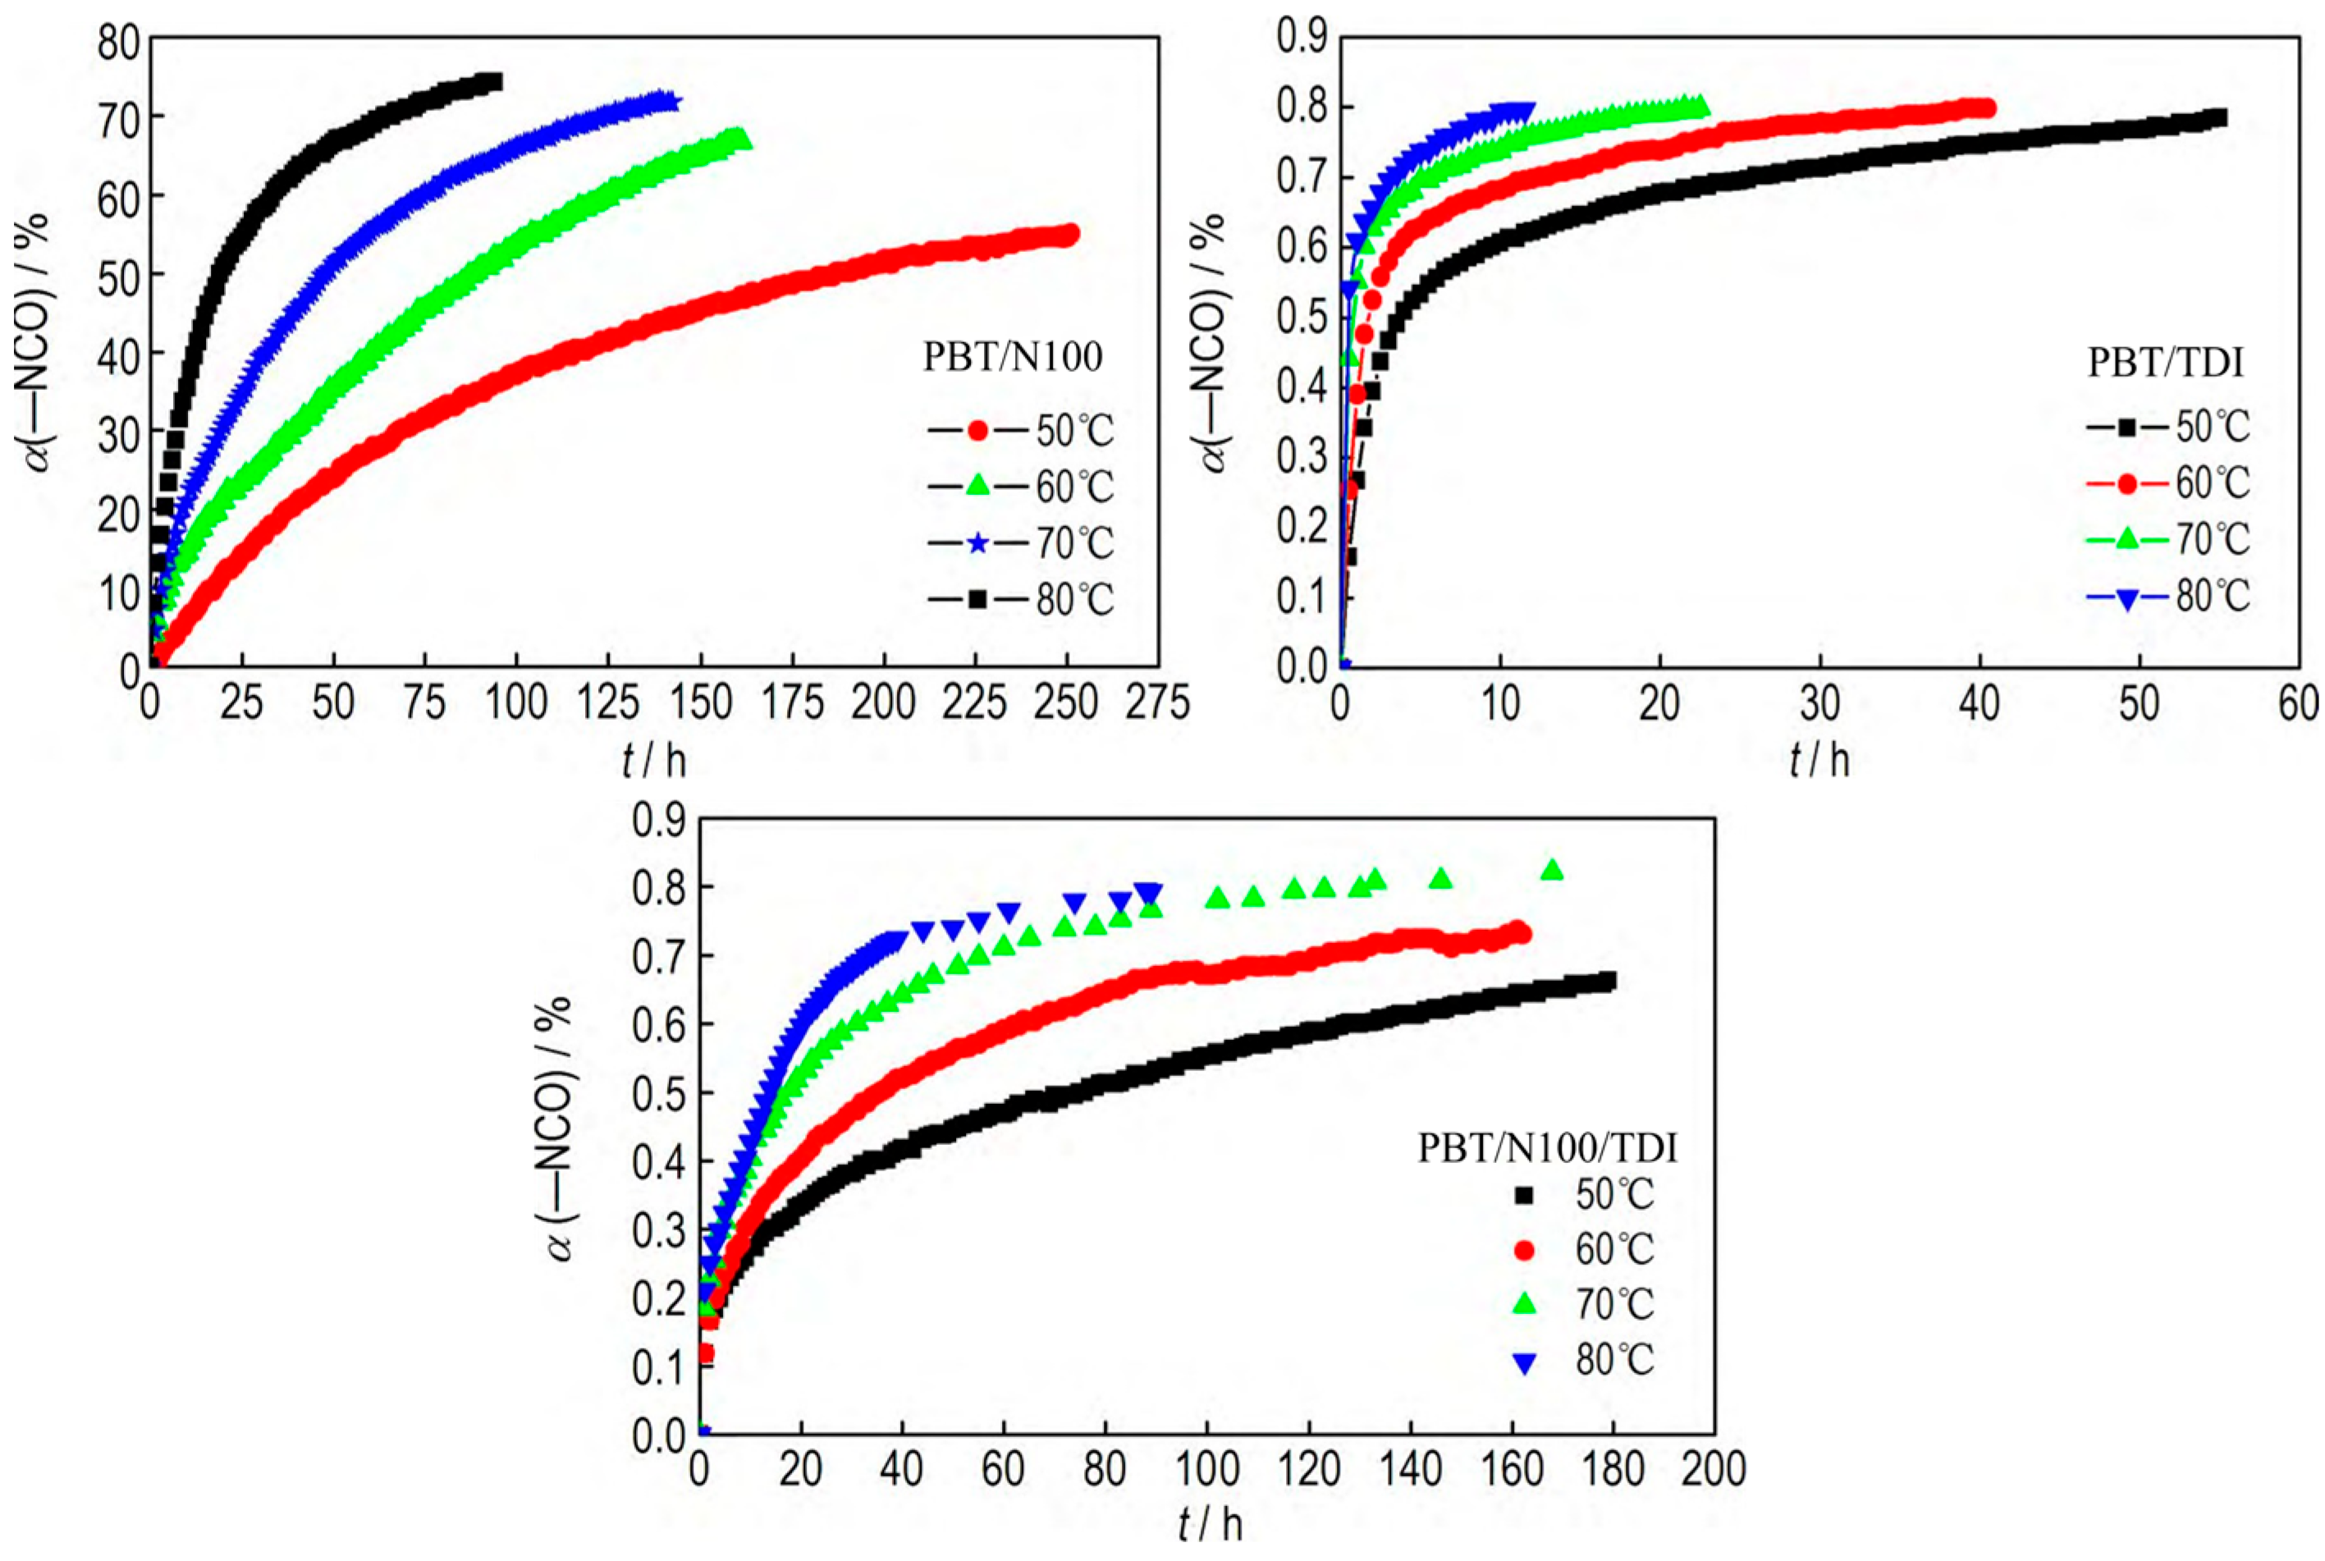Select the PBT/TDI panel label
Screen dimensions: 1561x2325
[2165, 364]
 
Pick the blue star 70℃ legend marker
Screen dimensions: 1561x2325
[977, 543]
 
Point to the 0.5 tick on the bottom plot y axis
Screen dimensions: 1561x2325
[659, 1093]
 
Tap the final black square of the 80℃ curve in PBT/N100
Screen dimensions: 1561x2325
[492, 81]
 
